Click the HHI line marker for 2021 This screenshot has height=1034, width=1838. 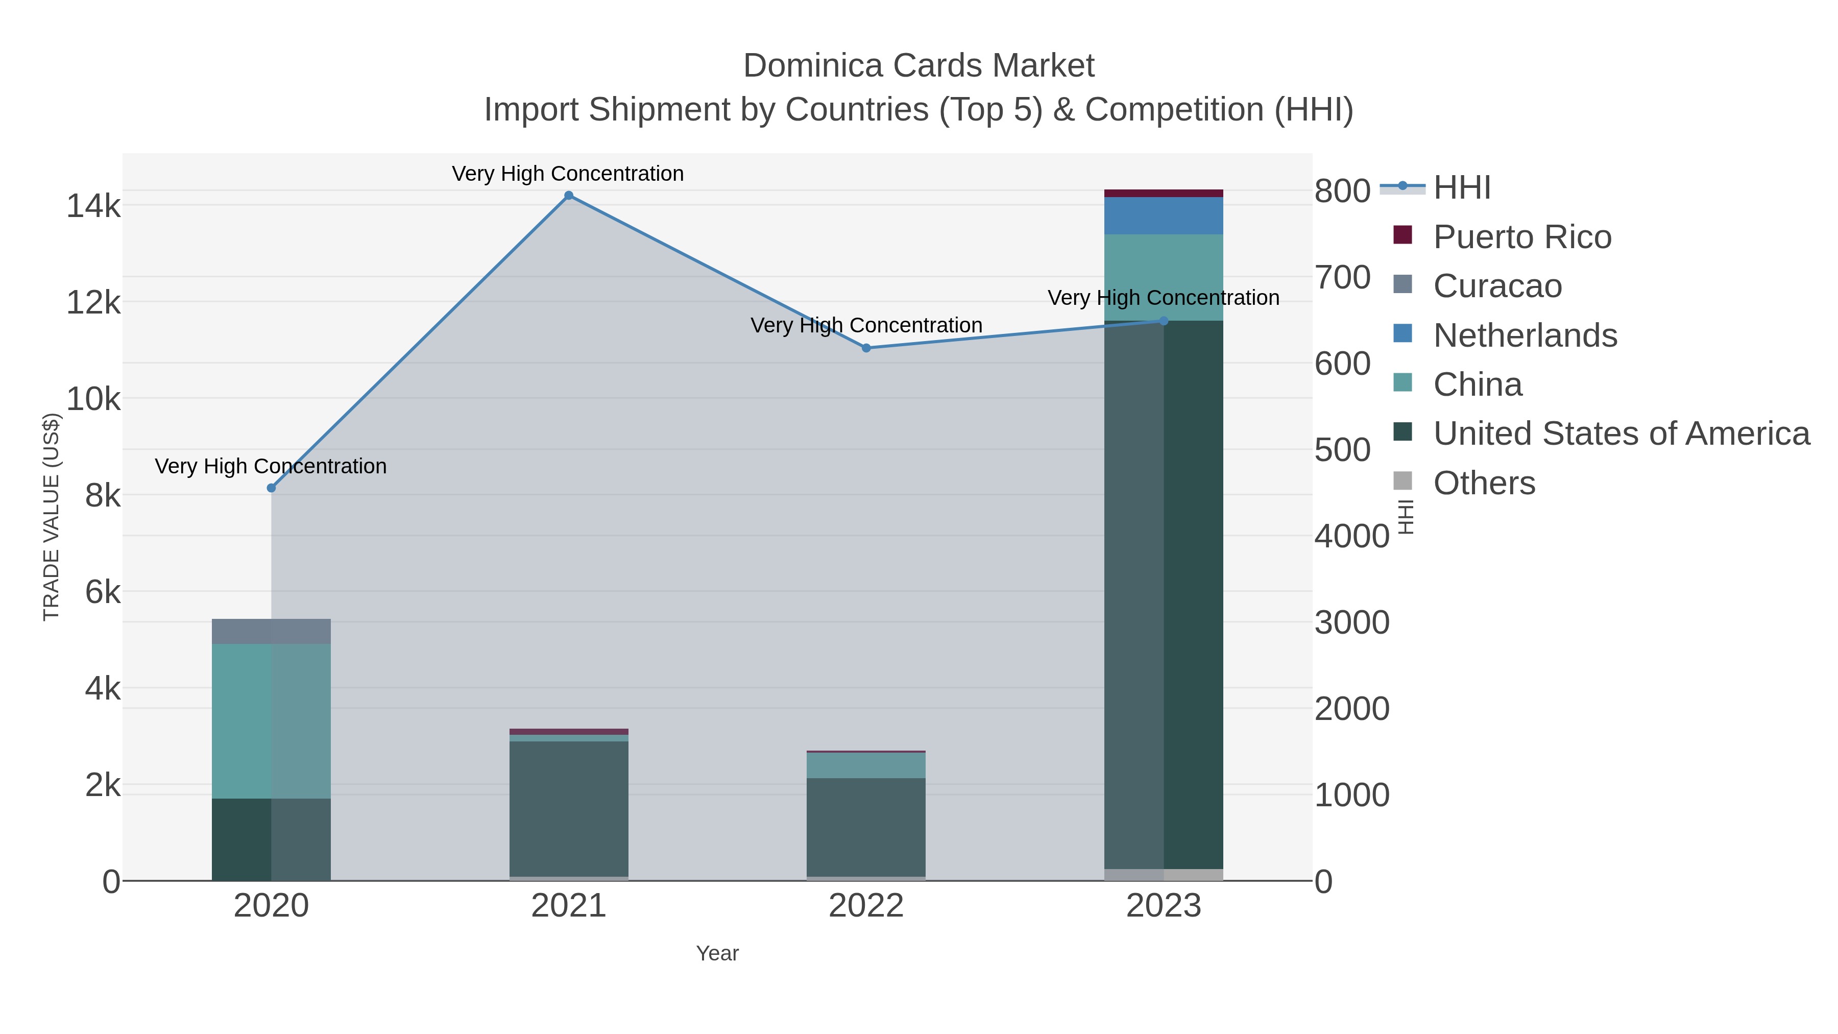coord(569,196)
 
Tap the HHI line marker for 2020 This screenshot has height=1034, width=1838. coord(271,488)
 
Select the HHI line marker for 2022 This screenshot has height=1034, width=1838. coord(866,348)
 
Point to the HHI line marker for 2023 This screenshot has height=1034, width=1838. coord(1164,321)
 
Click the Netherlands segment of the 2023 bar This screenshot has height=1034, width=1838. coord(1164,215)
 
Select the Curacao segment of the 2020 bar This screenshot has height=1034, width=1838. coord(271,632)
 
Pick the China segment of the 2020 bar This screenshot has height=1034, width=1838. coord(271,720)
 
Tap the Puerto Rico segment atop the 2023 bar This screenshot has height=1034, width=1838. coord(1164,194)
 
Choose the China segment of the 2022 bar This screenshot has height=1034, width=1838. coord(866,766)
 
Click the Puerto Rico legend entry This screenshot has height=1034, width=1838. coord(1522,237)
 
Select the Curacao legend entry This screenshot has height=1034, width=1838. coord(1497,286)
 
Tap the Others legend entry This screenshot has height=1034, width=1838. coord(1484,483)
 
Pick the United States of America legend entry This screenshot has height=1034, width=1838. coord(1621,434)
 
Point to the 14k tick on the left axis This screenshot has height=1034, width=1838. coord(93,206)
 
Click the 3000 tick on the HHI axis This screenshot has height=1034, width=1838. coord(1351,622)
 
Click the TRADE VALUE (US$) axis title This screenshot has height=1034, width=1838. coord(52,517)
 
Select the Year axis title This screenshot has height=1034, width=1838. coord(717,953)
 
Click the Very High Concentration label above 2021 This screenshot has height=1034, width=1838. coord(568,174)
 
